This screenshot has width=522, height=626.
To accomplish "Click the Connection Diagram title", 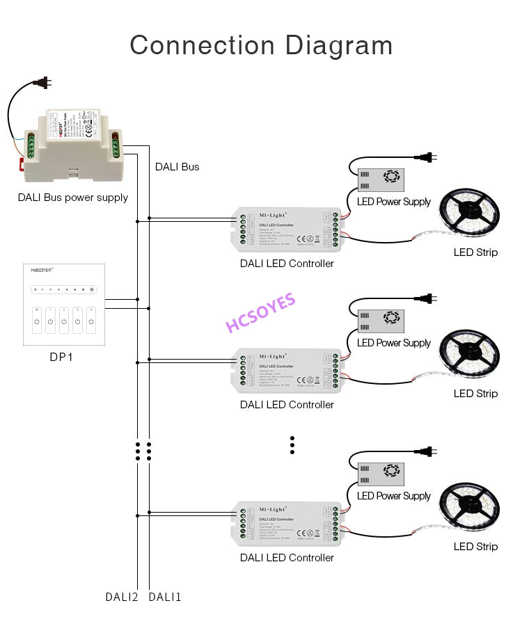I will pyautogui.click(x=261, y=45).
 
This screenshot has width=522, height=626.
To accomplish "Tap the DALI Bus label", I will pyautogui.click(x=177, y=167).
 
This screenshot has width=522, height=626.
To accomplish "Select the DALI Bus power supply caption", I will pyautogui.click(x=73, y=198).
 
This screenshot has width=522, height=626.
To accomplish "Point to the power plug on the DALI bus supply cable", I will pyautogui.click(x=43, y=83).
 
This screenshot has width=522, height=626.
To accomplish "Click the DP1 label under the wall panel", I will pyautogui.click(x=61, y=357).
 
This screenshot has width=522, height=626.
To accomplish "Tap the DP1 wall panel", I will pyautogui.click(x=64, y=304).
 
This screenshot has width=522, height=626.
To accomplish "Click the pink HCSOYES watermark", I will pyautogui.click(x=261, y=314).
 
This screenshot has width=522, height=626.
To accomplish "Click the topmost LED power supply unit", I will pyautogui.click(x=381, y=180).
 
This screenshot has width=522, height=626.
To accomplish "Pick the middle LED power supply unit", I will pyautogui.click(x=381, y=321).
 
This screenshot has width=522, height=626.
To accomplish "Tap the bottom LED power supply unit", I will pyautogui.click(x=381, y=474).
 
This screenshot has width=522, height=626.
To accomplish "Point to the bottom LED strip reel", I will pyautogui.click(x=470, y=509).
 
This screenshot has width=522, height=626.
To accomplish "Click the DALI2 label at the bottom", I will pyautogui.click(x=122, y=597).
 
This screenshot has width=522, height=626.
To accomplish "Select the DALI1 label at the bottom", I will pyautogui.click(x=165, y=597).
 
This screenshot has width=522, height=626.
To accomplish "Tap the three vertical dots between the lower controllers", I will pyautogui.click(x=292, y=445).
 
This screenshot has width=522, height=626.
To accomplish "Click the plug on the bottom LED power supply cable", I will pyautogui.click(x=429, y=451).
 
